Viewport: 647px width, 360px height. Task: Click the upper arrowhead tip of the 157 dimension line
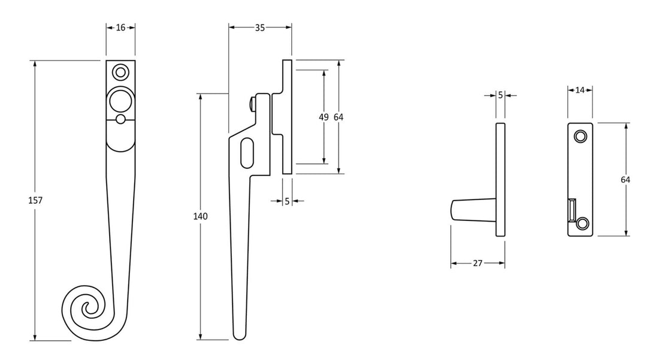click(x=35, y=61)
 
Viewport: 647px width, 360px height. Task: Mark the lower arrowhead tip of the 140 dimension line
click(x=200, y=340)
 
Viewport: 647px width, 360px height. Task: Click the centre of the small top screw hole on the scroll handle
click(x=120, y=72)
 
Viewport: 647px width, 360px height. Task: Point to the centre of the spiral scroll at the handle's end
click(x=88, y=308)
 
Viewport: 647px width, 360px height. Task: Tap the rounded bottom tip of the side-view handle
click(x=239, y=339)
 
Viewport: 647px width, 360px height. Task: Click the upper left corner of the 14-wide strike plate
click(x=568, y=123)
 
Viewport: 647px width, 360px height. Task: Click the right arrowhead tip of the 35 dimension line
click(x=292, y=28)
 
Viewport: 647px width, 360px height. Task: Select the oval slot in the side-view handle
click(x=247, y=153)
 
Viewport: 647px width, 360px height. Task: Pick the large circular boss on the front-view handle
click(x=120, y=101)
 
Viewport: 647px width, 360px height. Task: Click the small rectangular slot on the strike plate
click(x=572, y=210)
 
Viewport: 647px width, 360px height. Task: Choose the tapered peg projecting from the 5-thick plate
click(x=473, y=210)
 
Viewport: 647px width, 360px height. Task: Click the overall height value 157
click(x=35, y=201)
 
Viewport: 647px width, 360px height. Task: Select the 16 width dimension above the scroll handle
click(x=120, y=28)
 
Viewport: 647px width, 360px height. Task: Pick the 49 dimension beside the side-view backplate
click(x=324, y=117)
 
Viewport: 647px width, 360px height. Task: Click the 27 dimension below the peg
click(x=477, y=263)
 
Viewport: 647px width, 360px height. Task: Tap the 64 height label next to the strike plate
click(x=625, y=179)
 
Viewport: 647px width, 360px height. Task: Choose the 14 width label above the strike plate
click(x=580, y=90)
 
